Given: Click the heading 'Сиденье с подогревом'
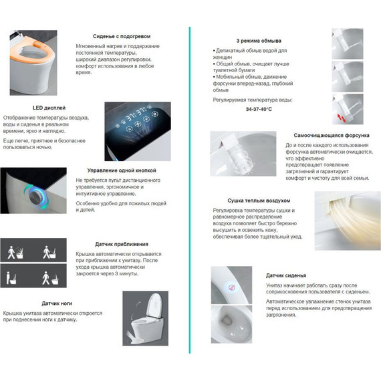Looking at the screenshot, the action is click(122, 37).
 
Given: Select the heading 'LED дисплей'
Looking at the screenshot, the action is click(49, 108).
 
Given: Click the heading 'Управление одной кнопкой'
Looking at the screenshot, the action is click(122, 170).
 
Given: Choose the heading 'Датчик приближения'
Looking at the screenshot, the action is click(122, 244).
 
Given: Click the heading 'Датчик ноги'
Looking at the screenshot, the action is click(57, 303).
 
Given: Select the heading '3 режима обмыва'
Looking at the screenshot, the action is click(259, 41).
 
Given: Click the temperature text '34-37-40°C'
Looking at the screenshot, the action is click(259, 110).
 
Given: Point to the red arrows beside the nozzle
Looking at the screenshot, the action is click(342, 118).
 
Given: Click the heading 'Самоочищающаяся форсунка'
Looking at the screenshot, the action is click(332, 135).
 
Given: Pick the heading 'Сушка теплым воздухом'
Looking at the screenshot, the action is click(259, 201).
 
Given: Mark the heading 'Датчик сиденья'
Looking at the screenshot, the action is click(286, 275).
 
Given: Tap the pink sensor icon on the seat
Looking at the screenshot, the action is click(232, 287).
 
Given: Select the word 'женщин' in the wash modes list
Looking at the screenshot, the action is click(223, 57).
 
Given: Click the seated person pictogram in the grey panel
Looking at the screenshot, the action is click(11, 278).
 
